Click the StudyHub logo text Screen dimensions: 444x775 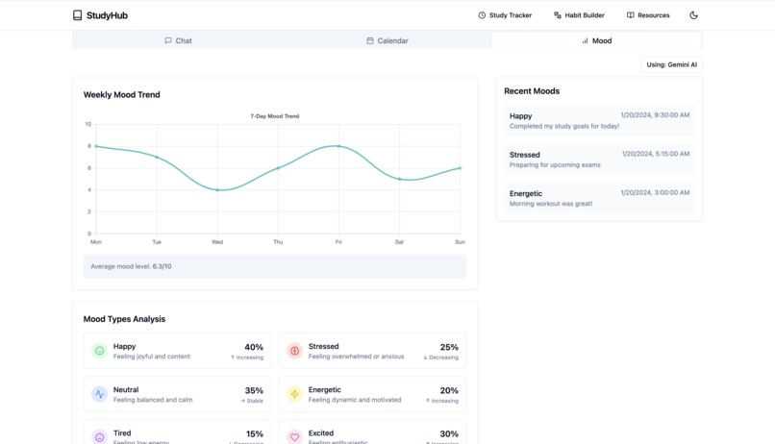click(106, 15)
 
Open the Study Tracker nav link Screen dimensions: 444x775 click(505, 15)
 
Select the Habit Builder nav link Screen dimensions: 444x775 click(579, 15)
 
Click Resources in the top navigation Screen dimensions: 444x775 click(648, 15)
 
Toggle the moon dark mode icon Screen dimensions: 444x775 click(694, 15)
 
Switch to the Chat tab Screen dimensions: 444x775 click(178, 40)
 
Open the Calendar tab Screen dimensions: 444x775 click(387, 40)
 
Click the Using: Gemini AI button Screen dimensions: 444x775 click(671, 64)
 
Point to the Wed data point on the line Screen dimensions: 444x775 click(217, 190)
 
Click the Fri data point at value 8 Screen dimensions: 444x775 click(338, 146)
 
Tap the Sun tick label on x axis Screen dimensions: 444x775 click(460, 242)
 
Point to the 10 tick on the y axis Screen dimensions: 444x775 click(87, 124)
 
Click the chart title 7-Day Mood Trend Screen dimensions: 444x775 click(275, 116)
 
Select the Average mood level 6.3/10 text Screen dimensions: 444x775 click(131, 266)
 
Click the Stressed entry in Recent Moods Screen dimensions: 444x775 click(599, 159)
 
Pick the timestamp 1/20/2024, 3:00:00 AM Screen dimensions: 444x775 click(655, 192)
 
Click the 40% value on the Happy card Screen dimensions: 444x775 click(254, 347)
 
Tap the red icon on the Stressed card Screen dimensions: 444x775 click(295, 351)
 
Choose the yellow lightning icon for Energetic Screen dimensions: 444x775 click(295, 394)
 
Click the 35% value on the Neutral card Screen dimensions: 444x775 click(254, 390)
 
